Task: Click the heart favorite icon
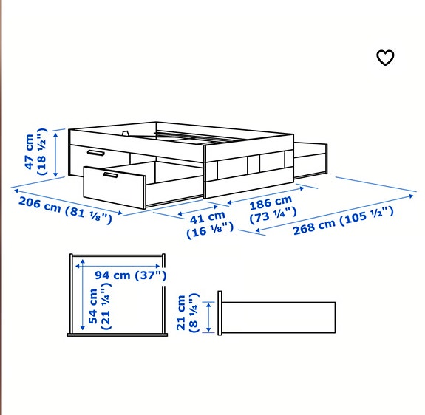click(x=385, y=58)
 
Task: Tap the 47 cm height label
click(x=29, y=151)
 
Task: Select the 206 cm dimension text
click(x=39, y=205)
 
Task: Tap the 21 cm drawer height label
click(x=182, y=314)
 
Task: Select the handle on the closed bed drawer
click(x=95, y=152)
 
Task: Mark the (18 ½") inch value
click(x=42, y=151)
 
